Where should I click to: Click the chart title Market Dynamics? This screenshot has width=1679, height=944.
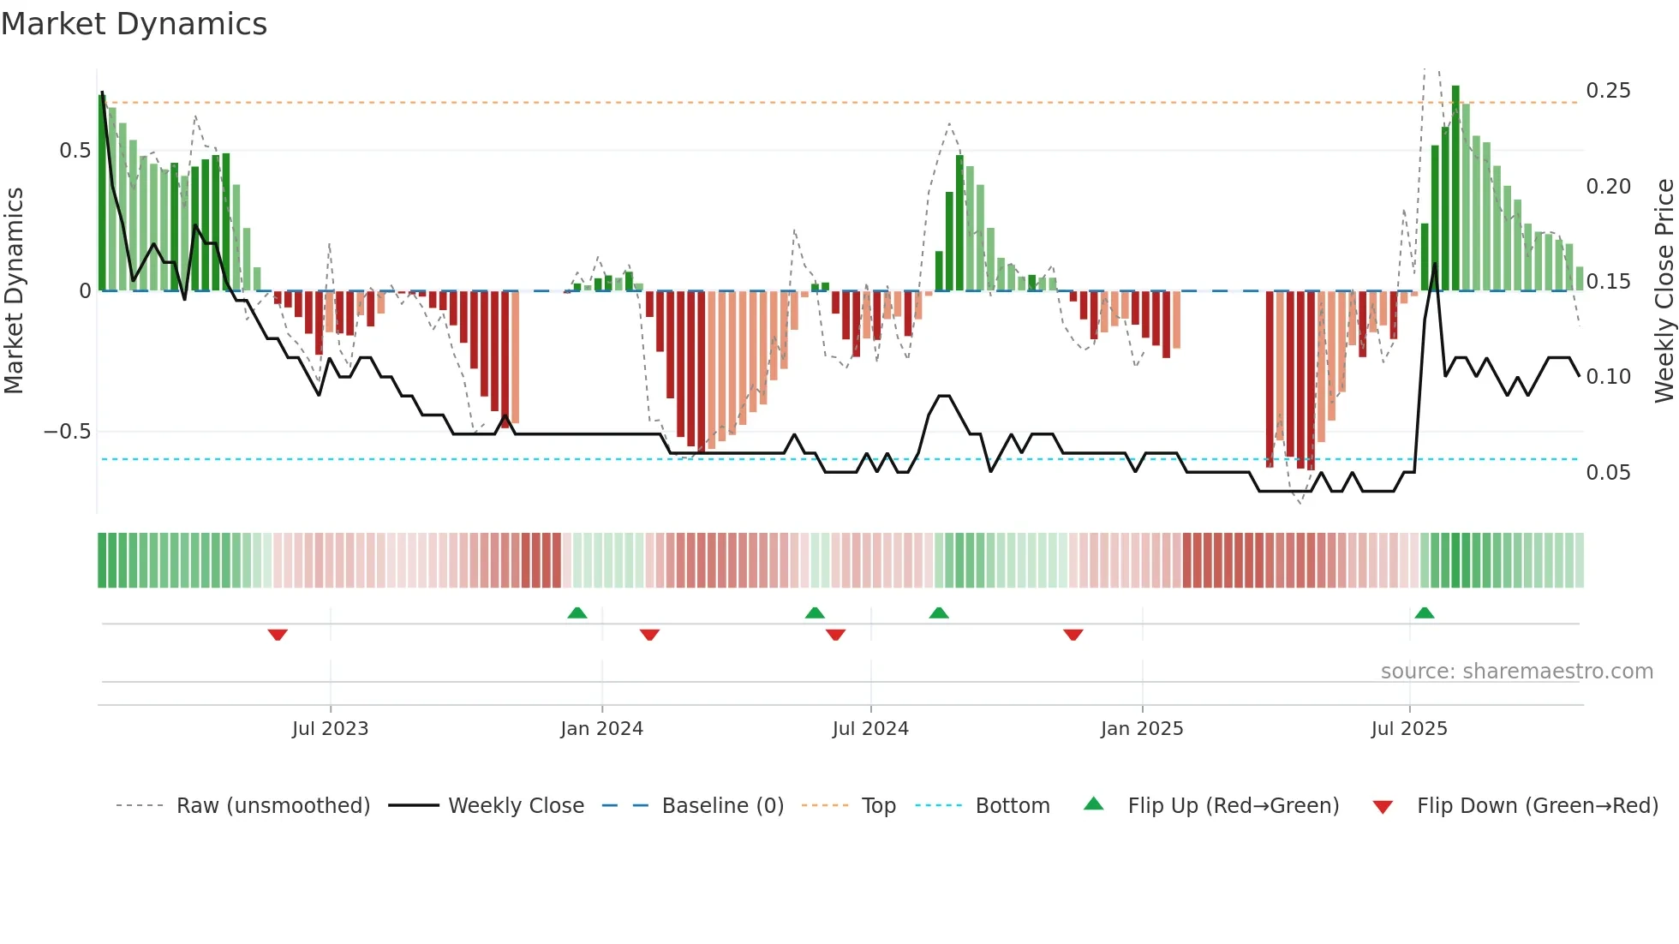click(134, 24)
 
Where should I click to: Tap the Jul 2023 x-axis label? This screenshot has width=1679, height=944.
click(330, 728)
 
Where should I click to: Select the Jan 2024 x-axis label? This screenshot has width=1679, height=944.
click(601, 728)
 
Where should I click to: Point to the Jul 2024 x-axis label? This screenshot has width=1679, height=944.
click(870, 728)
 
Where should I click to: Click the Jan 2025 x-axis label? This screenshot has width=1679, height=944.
click(1142, 728)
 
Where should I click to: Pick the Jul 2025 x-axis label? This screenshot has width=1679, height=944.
click(1409, 728)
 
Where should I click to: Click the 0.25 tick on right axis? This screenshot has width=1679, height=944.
click(1608, 91)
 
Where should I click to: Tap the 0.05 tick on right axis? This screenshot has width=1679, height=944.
click(1608, 473)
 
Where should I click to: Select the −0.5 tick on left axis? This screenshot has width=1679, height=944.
click(67, 432)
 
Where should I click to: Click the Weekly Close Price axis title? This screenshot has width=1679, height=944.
click(1664, 290)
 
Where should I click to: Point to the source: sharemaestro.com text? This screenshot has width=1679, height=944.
click(1516, 672)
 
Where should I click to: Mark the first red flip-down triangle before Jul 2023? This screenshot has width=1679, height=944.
click(278, 635)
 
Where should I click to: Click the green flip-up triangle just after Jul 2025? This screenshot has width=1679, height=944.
click(1425, 612)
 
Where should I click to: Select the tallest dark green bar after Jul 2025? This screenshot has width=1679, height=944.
click(1455, 188)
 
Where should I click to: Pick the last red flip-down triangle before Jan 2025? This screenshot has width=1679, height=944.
click(1073, 635)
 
